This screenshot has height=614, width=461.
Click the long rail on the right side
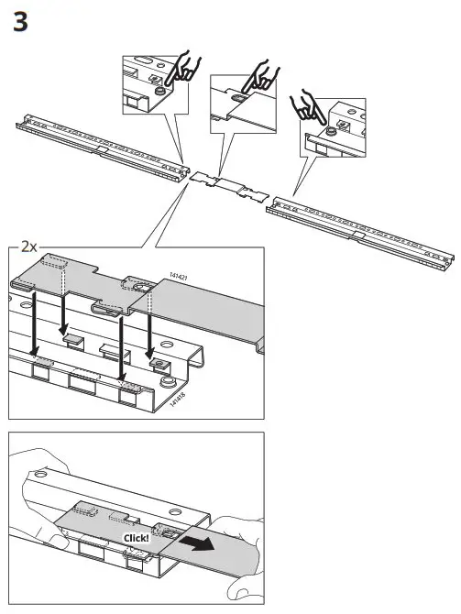click(x=362, y=225)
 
